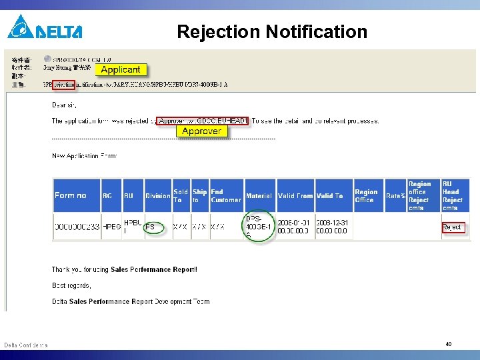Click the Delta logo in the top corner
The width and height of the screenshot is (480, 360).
(45, 27)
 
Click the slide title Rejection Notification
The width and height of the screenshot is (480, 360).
(272, 32)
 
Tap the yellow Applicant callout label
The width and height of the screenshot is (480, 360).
(121, 69)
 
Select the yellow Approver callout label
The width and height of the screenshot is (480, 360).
(201, 131)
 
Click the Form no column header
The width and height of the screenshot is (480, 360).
(71, 195)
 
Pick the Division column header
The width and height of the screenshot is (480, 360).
(158, 196)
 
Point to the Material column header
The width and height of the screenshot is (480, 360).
(259, 196)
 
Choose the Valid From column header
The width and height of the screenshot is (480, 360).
(295, 196)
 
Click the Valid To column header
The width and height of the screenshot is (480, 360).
(330, 196)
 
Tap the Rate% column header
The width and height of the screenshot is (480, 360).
(395, 196)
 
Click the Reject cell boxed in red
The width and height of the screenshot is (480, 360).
(452, 227)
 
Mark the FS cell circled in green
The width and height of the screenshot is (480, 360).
(151, 227)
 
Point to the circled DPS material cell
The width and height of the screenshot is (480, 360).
(258, 227)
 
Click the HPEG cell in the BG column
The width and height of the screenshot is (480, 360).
(111, 227)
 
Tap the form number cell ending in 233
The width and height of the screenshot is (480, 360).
(76, 227)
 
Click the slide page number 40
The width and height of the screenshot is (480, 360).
(449, 344)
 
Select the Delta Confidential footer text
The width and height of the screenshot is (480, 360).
(26, 345)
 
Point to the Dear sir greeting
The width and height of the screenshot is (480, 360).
(65, 105)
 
